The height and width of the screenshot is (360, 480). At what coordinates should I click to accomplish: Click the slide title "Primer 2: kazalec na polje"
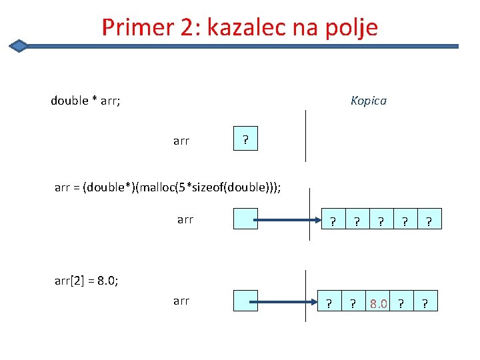coord(240,27)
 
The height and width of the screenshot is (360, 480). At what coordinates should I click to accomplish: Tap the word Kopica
coord(369,101)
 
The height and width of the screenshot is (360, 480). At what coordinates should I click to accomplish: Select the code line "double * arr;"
coord(85,101)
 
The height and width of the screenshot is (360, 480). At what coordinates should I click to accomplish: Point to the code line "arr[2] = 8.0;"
coord(86,280)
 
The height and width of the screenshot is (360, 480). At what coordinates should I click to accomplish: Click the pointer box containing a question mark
coord(245,140)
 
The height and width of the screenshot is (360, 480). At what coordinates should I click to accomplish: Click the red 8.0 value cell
coord(379,304)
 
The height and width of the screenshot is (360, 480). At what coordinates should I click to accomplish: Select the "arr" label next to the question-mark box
coord(181,141)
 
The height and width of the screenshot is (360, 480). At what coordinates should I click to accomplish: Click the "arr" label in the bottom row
coord(181,301)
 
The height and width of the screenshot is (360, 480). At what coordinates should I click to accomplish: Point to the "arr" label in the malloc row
coord(185,219)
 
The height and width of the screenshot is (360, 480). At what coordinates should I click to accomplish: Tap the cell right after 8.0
coord(401,304)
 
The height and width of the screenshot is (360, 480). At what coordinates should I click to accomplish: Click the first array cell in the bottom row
coord(328,304)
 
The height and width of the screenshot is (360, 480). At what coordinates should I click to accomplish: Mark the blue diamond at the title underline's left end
coord(19,46)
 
